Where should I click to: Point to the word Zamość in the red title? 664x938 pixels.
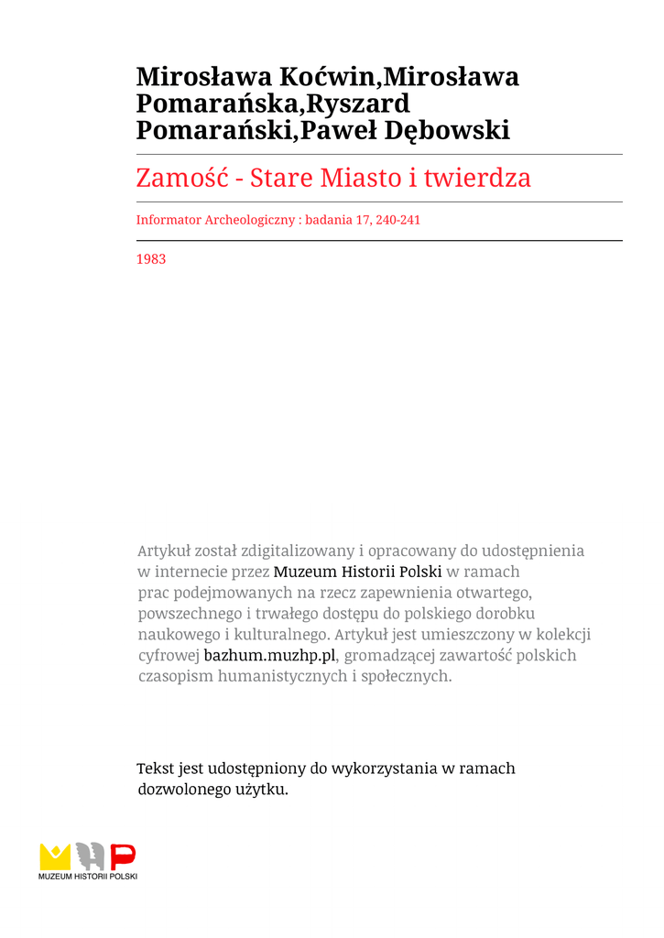(x=181, y=177)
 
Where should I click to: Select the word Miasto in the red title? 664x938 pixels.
(x=355, y=177)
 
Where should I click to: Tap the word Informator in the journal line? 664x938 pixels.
(x=169, y=220)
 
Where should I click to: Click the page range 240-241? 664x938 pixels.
(x=397, y=220)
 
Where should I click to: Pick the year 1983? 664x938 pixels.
(x=151, y=259)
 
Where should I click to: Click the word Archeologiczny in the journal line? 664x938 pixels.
(x=249, y=220)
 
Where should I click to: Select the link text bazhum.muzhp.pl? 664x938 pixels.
(x=270, y=656)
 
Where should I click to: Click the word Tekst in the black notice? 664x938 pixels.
(x=155, y=769)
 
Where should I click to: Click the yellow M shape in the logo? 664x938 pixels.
(x=55, y=856)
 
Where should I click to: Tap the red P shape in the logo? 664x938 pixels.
(x=123, y=856)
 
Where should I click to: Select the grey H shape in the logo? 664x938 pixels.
(x=90, y=856)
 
